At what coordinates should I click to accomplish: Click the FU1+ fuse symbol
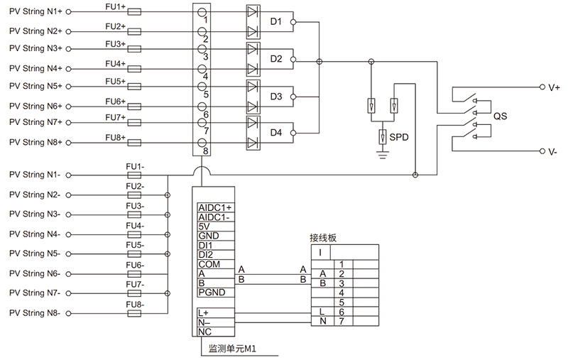[134, 12]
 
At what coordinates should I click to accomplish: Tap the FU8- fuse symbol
[134, 313]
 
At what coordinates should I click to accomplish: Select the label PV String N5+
[35, 86]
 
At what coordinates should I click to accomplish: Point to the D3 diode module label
[276, 97]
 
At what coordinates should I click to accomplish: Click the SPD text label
[399, 137]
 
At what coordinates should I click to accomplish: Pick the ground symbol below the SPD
[383, 155]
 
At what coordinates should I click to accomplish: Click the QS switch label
[501, 116]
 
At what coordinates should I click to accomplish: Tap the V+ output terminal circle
[542, 87]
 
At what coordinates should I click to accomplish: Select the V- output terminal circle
[542, 151]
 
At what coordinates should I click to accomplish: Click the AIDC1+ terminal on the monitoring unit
[215, 207]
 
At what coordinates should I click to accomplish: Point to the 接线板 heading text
[323, 238]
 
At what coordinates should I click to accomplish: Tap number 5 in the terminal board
[342, 302]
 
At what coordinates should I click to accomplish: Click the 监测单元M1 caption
[232, 349]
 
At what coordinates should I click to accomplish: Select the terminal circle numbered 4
[202, 69]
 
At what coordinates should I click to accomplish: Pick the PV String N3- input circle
[68, 214]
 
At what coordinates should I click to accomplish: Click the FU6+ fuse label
[116, 102]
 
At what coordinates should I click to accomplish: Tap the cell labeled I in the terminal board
[320, 252]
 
